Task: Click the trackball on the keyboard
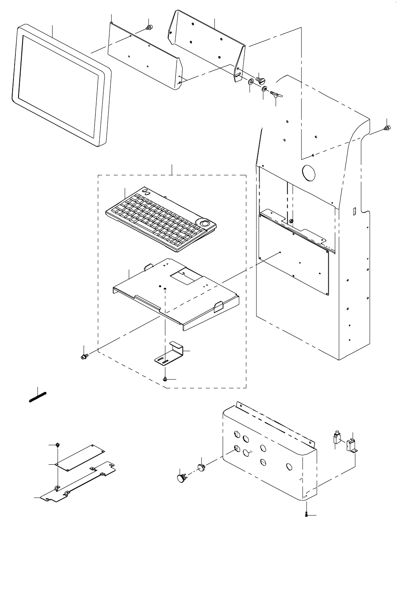tap(205, 224)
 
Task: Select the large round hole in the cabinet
tap(308, 172)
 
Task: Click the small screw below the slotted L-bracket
tap(166, 379)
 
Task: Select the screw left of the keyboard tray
tap(84, 357)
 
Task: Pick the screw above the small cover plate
tap(58, 445)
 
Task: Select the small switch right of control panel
tap(337, 439)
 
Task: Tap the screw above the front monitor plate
tap(149, 28)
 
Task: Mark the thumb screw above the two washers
tap(260, 79)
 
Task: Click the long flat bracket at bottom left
tap(79, 484)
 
